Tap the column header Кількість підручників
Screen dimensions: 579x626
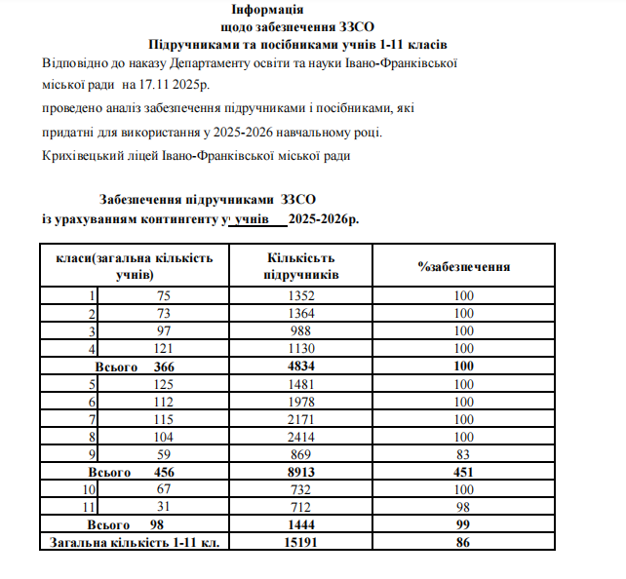point(299,266)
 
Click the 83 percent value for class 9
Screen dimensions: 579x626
point(464,453)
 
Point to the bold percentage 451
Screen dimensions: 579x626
point(464,471)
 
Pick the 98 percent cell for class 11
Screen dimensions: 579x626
point(464,506)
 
